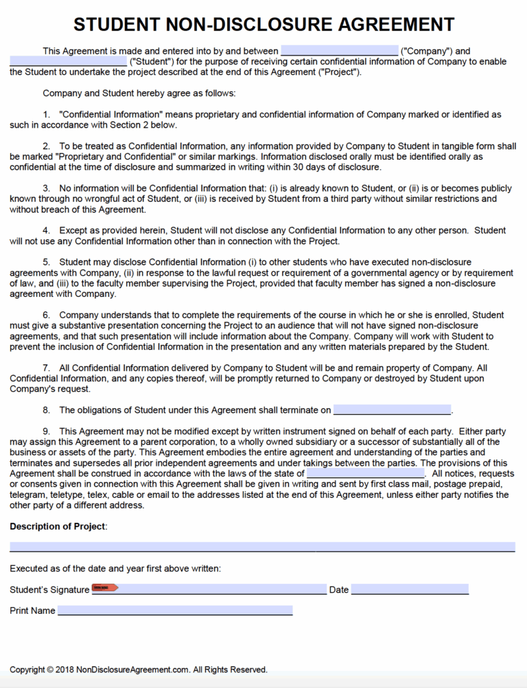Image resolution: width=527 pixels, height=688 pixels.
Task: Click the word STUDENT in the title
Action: point(117,25)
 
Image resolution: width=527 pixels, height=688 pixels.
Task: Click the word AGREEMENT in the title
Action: point(395,25)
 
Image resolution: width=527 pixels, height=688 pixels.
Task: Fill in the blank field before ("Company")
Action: point(339,51)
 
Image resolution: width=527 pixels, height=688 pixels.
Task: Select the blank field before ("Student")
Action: point(68,62)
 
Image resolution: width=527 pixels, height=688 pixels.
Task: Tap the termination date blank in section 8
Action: point(392,410)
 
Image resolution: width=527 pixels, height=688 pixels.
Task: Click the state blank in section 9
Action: point(365,473)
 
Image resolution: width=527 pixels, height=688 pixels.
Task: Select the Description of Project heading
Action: point(58,526)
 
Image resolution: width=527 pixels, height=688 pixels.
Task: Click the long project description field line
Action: point(262,547)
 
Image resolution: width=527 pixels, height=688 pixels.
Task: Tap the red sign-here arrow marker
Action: point(105,588)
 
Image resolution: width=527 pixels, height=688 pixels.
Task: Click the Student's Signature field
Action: point(220,589)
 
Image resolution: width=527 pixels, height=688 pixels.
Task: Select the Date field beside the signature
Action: point(410,589)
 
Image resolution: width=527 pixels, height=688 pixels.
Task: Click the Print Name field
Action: point(175,610)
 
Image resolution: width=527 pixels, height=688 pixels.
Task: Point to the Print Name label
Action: point(32,610)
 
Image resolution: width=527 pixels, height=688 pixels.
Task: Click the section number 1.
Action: point(46,115)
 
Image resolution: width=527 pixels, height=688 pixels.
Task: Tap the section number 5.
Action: point(46,262)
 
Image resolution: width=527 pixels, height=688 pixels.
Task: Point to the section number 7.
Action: point(46,368)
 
